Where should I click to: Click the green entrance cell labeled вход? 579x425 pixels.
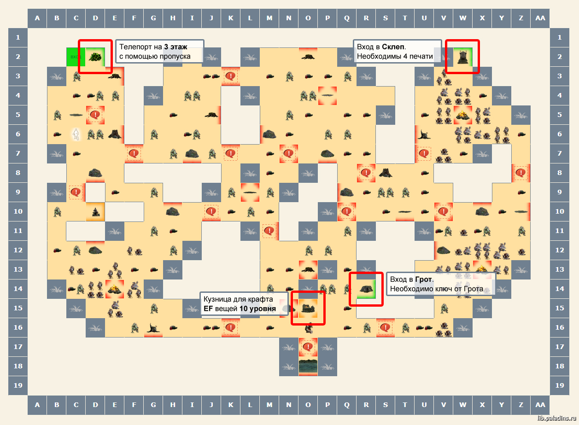(x=76, y=57)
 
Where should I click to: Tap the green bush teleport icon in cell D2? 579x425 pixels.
(x=95, y=57)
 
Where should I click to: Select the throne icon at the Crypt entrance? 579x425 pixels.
(x=462, y=57)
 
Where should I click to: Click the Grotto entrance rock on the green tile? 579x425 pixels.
(x=366, y=289)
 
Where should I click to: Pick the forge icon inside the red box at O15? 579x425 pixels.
(x=308, y=308)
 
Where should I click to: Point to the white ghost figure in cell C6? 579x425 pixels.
(x=76, y=134)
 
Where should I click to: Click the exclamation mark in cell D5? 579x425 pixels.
(x=95, y=115)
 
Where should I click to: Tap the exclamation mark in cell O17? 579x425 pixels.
(x=308, y=347)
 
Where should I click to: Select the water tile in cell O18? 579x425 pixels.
(x=308, y=366)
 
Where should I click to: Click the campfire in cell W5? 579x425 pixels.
(x=462, y=115)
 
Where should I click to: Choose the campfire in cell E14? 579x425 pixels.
(x=114, y=289)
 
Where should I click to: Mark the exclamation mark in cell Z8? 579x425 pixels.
(x=521, y=173)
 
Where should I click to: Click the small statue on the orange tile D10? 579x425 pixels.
(x=95, y=212)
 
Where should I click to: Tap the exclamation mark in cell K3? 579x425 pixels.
(x=230, y=76)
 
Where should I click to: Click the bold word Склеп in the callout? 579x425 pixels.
(x=393, y=47)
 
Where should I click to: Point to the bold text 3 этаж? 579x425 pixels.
(x=176, y=47)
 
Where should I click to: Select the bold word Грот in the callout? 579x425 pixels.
(x=423, y=279)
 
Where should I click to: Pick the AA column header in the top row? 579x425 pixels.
(x=540, y=18)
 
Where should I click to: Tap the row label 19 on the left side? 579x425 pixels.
(x=18, y=385)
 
